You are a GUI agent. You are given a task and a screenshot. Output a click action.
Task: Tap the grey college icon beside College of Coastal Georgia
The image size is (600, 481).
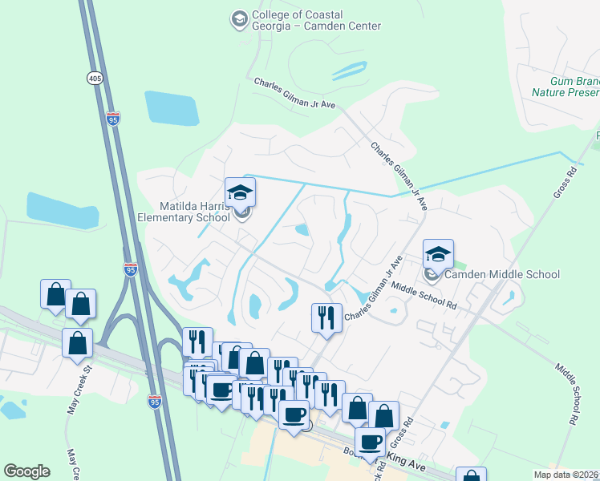point(239,18)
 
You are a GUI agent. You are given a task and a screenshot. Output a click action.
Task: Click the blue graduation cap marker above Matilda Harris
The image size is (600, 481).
point(240,192)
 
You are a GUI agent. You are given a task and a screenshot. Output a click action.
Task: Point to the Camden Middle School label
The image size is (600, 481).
point(502,274)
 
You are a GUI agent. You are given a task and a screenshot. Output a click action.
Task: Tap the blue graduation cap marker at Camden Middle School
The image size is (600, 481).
point(438,254)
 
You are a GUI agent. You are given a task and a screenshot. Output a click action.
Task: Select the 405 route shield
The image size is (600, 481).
point(95,78)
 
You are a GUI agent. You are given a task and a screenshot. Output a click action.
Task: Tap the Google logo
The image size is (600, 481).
point(27,471)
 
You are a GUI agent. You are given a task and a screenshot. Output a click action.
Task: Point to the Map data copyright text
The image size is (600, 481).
point(565,474)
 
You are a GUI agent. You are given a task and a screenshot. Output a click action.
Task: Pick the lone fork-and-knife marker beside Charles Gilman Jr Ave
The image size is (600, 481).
point(326,317)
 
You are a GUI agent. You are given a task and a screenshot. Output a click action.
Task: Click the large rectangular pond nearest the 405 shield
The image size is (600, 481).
point(171,108)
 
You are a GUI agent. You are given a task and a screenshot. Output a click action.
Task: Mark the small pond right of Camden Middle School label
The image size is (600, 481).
point(509,299)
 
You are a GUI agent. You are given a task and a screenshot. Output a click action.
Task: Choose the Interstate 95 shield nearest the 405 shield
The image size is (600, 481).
point(113,118)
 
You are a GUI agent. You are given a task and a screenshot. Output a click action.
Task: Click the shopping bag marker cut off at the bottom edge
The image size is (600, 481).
point(471,475)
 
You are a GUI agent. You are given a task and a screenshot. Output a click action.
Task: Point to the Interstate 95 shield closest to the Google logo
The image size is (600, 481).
point(154,401)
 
